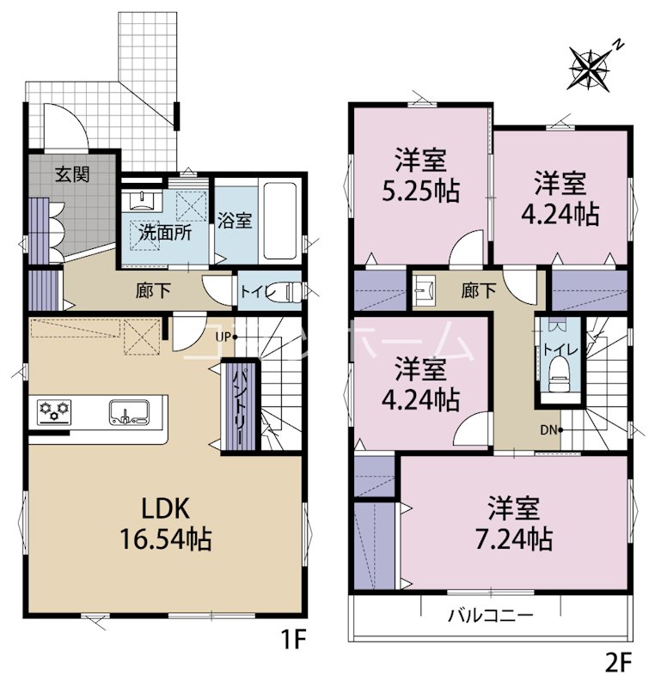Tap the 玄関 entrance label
(74, 174)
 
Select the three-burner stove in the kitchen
(55, 411)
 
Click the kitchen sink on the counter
(129, 412)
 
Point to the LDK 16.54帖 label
(166, 525)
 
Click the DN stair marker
(550, 429)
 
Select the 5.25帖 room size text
(420, 187)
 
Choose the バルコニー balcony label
(490, 616)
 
